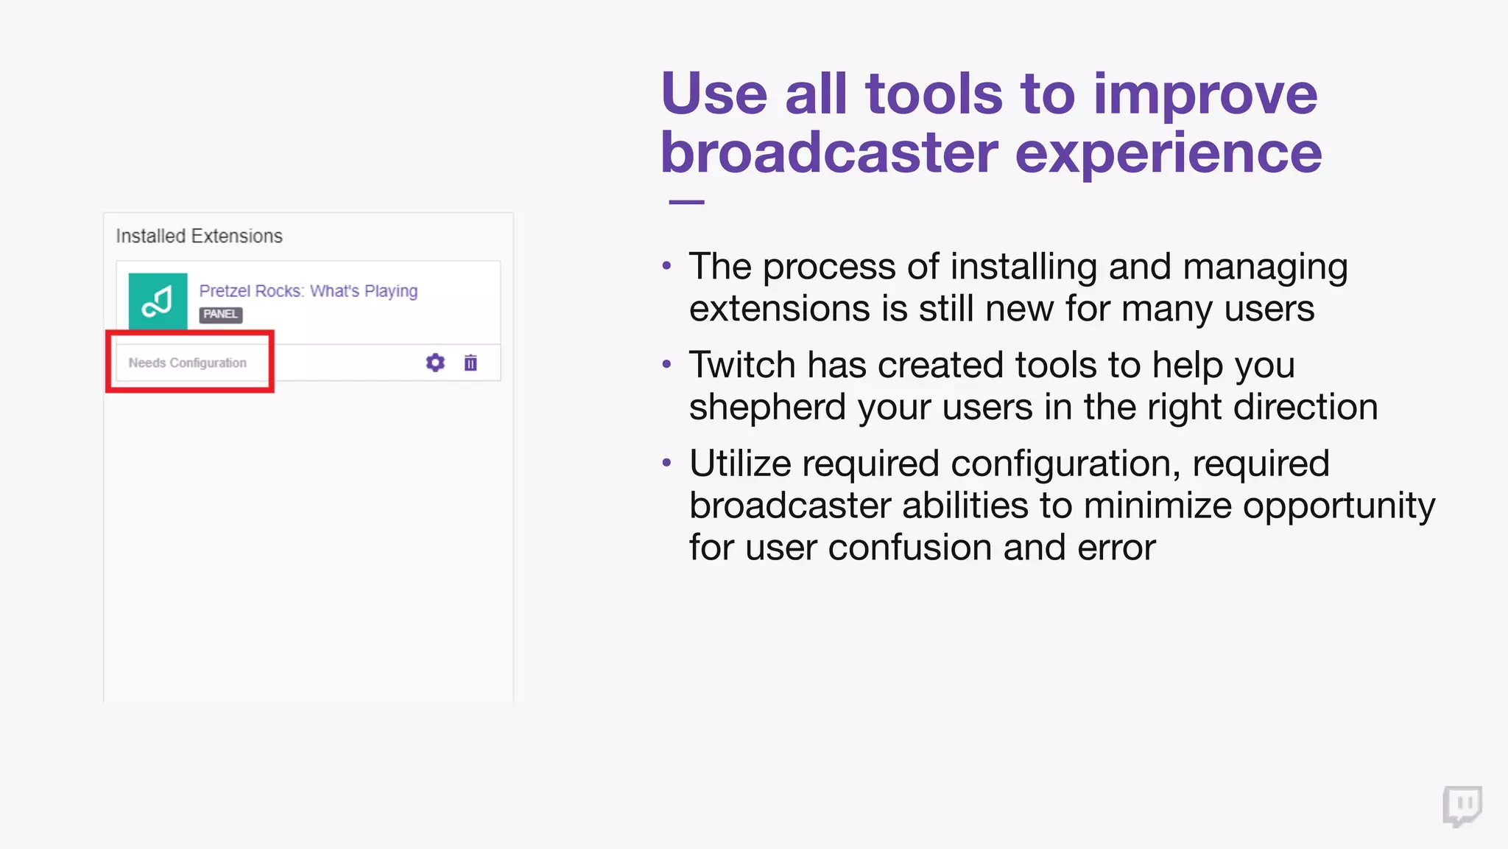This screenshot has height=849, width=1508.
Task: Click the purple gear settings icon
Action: click(x=435, y=363)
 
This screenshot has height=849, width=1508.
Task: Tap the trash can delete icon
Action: click(x=471, y=363)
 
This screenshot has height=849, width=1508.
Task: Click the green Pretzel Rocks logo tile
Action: click(x=158, y=301)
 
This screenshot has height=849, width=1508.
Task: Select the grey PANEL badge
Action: click(x=220, y=315)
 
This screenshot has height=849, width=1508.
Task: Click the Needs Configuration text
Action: click(x=187, y=363)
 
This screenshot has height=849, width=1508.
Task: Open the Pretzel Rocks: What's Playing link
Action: click(x=308, y=291)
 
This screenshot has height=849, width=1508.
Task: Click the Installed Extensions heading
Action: click(x=199, y=236)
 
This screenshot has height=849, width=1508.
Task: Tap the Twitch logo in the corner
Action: click(x=1462, y=806)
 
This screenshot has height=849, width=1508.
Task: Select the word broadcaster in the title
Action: click(x=828, y=153)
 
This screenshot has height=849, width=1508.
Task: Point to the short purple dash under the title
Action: click(x=686, y=202)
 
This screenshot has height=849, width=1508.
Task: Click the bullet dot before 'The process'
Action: click(x=666, y=265)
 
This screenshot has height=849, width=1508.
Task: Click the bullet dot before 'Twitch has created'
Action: click(x=666, y=364)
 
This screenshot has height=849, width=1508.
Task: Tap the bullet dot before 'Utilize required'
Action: click(x=666, y=463)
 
